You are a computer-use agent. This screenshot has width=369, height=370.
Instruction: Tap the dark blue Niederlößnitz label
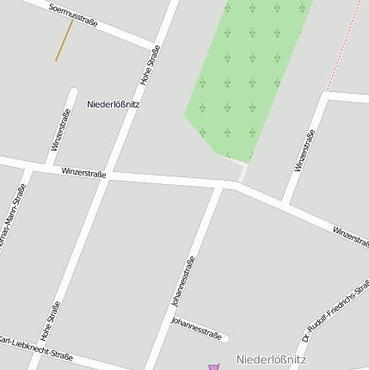(113, 104)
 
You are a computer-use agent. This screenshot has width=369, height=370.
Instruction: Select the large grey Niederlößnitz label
(271, 359)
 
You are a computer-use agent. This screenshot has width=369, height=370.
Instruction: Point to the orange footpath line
(64, 40)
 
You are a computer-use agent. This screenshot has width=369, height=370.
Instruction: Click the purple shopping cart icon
(213, 367)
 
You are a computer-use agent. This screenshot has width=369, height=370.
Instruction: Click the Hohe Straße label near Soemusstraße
(151, 70)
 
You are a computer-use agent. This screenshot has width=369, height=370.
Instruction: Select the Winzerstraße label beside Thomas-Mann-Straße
(83, 173)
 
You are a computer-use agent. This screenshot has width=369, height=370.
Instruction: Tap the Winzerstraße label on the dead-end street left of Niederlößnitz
(59, 130)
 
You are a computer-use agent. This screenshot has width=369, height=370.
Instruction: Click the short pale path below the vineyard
(243, 172)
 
